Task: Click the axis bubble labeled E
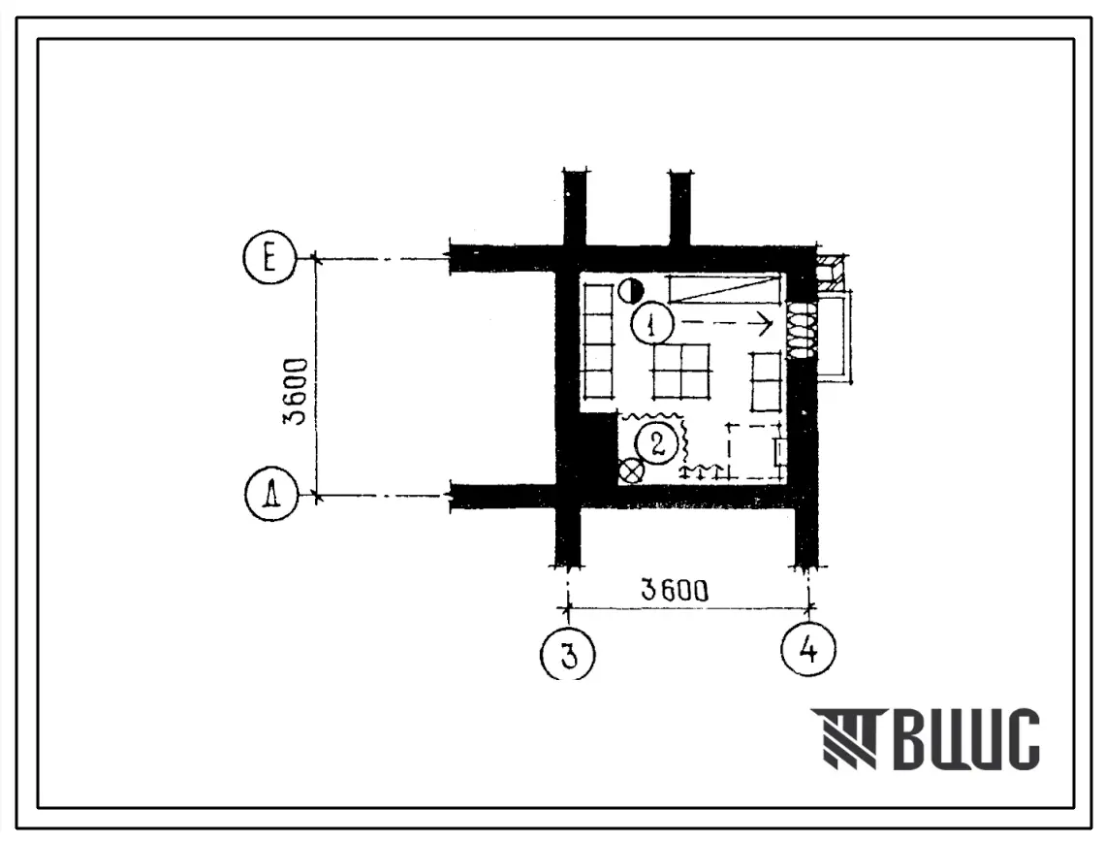(x=269, y=258)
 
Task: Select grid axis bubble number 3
(x=567, y=654)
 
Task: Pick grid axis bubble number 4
(x=809, y=648)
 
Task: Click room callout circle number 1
(x=652, y=325)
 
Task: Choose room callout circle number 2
(x=657, y=444)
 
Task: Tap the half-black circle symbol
(x=631, y=290)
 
